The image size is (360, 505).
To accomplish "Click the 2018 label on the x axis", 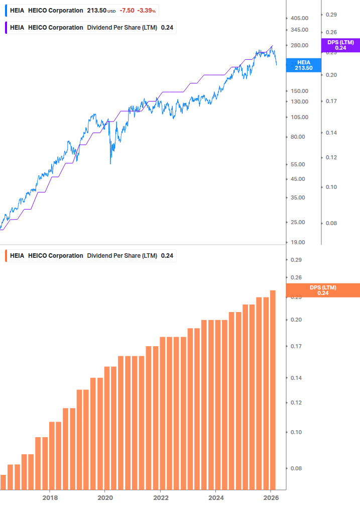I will point(49,497).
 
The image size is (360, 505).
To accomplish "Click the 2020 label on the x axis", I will point(104,497).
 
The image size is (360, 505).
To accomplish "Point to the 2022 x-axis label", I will point(160,497).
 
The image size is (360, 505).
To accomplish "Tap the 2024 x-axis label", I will point(215,497).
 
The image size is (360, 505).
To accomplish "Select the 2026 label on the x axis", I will point(271,497).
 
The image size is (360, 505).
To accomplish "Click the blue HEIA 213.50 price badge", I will point(303,65).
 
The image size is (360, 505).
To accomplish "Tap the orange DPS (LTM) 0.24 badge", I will point(322,290).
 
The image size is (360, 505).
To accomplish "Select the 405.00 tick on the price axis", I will point(299,18).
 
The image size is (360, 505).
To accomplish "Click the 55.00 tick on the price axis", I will point(298,164).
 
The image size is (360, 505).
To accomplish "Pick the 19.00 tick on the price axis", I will point(298,242).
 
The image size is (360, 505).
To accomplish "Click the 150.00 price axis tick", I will point(299,91).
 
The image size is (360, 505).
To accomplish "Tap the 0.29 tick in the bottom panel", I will point(296,260).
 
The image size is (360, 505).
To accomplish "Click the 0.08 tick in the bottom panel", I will point(296,468).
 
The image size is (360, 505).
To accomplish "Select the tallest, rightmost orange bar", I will point(273,389).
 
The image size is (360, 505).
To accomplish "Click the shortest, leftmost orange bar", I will point(3,482).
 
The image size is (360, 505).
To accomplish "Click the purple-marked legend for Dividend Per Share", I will point(90,27).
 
